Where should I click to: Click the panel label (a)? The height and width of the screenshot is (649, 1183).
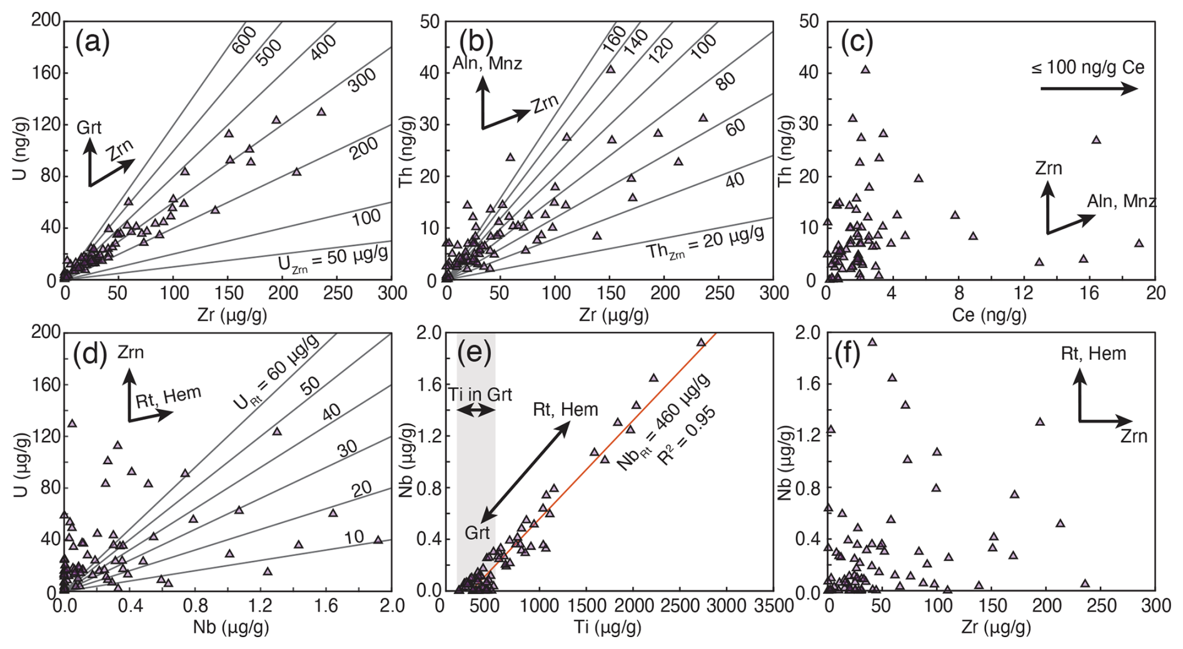pos(93,42)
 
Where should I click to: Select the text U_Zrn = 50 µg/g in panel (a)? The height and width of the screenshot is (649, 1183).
pos(333,257)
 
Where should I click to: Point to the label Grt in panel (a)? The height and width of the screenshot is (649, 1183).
pos(89,129)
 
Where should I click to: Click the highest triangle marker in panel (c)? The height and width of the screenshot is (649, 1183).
pos(865,69)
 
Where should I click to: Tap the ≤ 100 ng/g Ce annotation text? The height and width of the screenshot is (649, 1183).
pos(1088,67)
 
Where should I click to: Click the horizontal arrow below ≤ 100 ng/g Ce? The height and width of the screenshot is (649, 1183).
pos(1089,89)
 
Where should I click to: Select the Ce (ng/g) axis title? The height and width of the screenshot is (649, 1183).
pos(989,315)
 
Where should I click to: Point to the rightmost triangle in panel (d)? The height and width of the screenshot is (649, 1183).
pos(378,540)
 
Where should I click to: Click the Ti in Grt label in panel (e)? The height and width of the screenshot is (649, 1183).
pos(480,395)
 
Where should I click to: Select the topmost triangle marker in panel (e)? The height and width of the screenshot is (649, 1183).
pos(701,342)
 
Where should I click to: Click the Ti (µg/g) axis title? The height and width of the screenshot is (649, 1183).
pos(607,627)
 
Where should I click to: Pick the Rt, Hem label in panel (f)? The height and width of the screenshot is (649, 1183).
pos(1094,354)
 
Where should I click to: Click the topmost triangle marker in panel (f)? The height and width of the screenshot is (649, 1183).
pos(872,342)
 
